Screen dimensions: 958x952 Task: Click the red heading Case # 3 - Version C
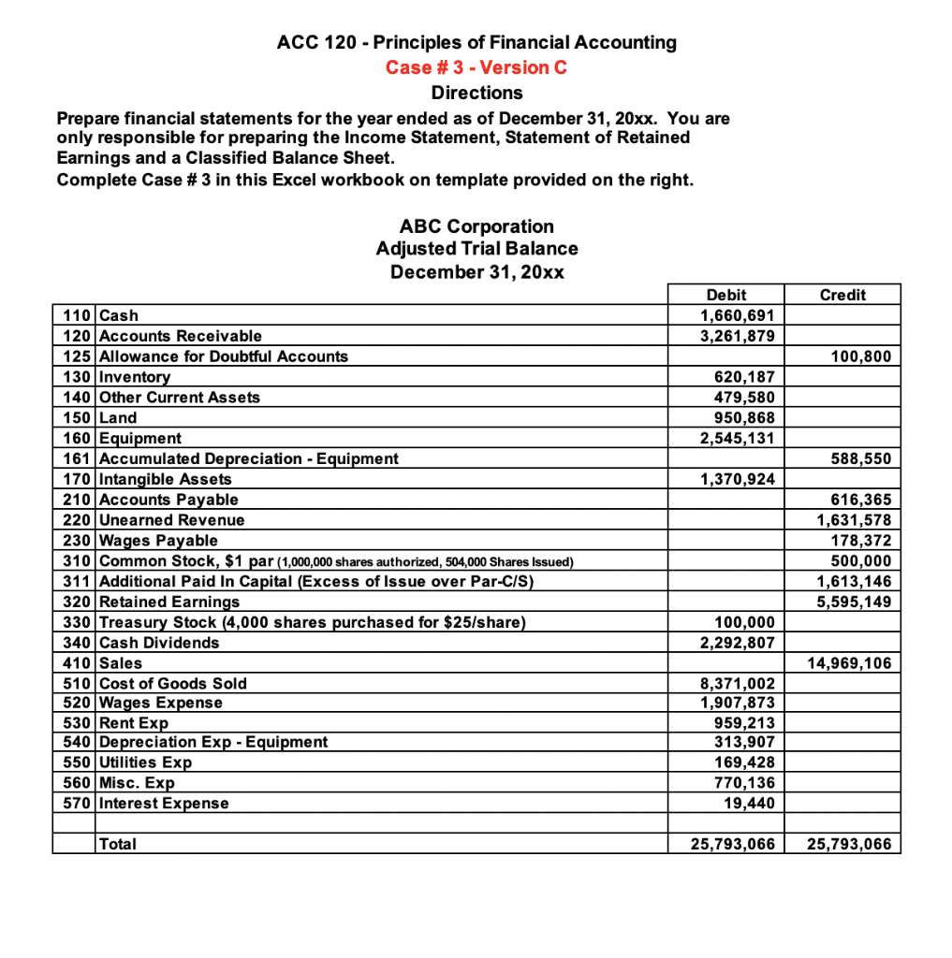(x=476, y=67)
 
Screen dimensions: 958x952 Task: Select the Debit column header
(x=726, y=295)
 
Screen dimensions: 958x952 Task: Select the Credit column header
(x=842, y=295)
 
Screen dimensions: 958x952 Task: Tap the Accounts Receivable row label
(x=181, y=336)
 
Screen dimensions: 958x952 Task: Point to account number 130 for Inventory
(x=75, y=377)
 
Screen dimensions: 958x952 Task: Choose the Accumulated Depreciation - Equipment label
(x=248, y=458)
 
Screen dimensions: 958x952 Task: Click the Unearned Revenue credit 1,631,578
(x=855, y=520)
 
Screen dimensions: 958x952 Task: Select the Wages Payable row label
(x=158, y=541)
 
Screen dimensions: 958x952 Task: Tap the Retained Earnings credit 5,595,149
(x=855, y=602)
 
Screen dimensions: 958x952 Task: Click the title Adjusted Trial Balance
(x=476, y=249)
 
